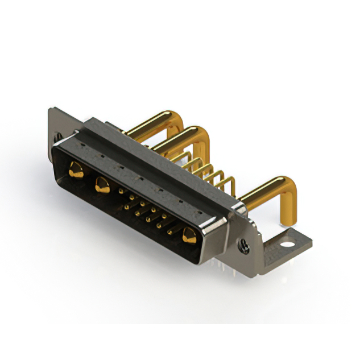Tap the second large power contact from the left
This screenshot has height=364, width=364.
(102, 184)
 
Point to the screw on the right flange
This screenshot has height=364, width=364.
(244, 245)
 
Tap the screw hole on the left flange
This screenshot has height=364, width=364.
(57, 136)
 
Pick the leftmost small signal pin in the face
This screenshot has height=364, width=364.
(121, 192)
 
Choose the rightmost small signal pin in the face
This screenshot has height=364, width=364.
(169, 231)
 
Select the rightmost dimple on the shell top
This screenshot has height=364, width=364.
(201, 210)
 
